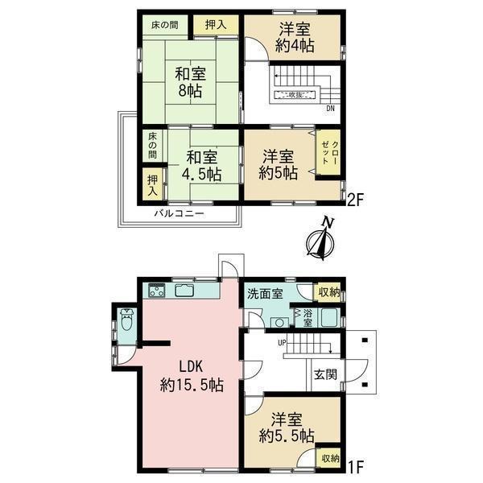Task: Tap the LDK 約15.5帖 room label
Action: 192,376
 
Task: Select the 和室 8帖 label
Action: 190,82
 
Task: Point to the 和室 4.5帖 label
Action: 202,166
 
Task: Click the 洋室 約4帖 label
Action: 295,38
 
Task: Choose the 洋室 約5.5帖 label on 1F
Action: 287,427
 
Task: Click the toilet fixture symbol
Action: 126,320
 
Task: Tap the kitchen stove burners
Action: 157,290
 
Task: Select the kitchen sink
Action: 184,290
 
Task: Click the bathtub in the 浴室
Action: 330,318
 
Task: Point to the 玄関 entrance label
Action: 325,374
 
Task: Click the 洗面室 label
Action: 265,294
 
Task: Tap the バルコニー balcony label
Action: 179,214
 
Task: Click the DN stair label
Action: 331,109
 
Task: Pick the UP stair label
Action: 282,343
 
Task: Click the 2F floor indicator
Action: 356,200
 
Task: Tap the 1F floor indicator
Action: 356,466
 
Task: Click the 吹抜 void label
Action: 295,95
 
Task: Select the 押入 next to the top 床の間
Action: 216,25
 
